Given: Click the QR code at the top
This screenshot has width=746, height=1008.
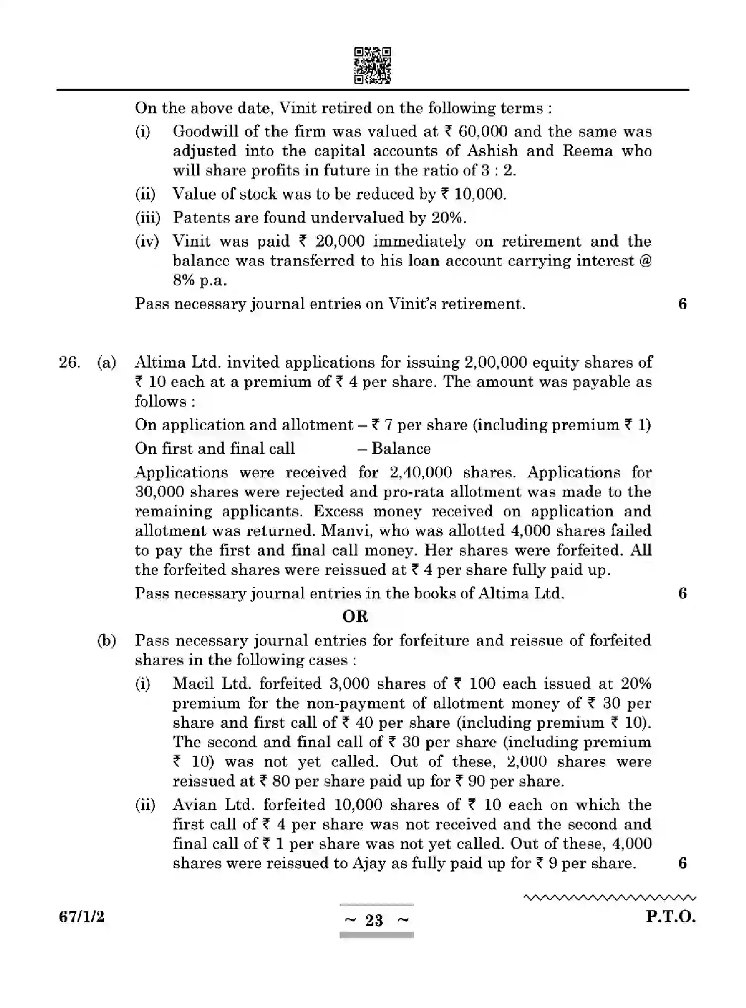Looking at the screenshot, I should pos(372,65).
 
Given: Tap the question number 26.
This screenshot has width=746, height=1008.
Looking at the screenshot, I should pos(69,362).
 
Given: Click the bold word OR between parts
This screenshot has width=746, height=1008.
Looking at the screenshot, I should pos(355,616).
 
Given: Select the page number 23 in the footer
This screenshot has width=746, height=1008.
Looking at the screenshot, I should pos(374,920).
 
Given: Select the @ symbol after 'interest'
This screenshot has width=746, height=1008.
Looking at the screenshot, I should pos(645,261).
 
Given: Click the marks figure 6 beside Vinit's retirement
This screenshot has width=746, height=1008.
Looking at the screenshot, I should pos(682,303).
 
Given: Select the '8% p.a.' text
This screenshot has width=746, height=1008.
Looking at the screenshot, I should pos(200,280).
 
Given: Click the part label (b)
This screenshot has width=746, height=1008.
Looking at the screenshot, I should pos(107,641).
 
